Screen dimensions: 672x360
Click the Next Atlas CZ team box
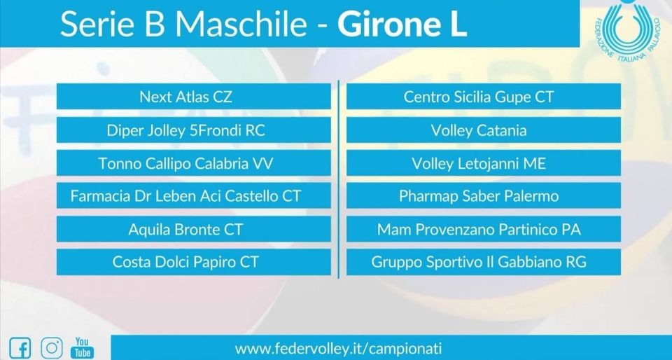[194, 97]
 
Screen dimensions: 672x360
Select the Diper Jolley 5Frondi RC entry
[194, 130]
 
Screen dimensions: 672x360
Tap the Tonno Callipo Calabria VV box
[194, 163]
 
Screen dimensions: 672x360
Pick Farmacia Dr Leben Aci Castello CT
[194, 196]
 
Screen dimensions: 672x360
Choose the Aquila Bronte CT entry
[194, 229]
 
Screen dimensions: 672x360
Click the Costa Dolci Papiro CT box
[194, 262]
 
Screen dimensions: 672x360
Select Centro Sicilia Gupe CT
[484, 97]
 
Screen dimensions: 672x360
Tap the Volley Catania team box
[484, 130]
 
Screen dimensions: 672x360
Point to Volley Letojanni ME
[484, 163]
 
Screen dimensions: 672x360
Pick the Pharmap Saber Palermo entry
[484, 196]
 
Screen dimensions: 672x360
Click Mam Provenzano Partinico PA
[484, 229]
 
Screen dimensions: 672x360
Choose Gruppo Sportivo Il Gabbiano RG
[484, 262]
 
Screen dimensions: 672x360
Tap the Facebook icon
[20, 347]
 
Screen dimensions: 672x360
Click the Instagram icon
[52, 347]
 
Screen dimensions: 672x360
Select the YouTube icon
[83, 347]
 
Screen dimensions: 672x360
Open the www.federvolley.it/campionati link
[339, 348]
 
